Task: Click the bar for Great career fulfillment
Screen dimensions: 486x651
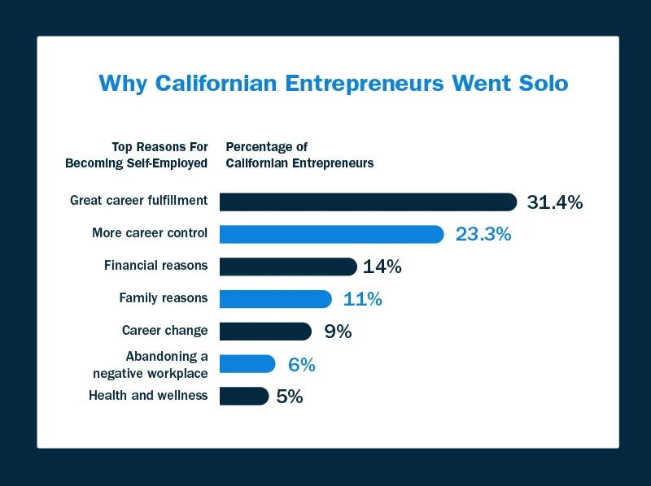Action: (x=368, y=202)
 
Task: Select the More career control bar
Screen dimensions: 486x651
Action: (x=331, y=234)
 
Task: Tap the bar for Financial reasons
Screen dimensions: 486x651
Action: (x=288, y=267)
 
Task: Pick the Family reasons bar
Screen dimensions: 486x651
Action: (x=276, y=298)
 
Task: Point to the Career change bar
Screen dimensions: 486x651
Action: (x=265, y=331)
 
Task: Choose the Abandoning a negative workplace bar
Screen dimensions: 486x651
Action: (x=247, y=364)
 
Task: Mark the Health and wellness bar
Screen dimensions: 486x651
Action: (x=244, y=396)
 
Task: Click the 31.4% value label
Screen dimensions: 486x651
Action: (x=554, y=202)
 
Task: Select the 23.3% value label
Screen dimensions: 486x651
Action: (x=483, y=235)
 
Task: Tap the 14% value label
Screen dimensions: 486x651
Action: (x=382, y=267)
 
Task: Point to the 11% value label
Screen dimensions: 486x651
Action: (x=362, y=299)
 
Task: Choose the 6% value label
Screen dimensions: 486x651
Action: (x=301, y=365)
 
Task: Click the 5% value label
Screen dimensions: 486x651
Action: (x=290, y=397)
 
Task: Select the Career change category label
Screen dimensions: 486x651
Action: (x=164, y=331)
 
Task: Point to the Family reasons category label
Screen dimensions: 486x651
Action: (x=163, y=298)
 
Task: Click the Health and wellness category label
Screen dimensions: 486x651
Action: (x=147, y=396)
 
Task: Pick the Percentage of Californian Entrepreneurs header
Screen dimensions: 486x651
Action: (x=299, y=154)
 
